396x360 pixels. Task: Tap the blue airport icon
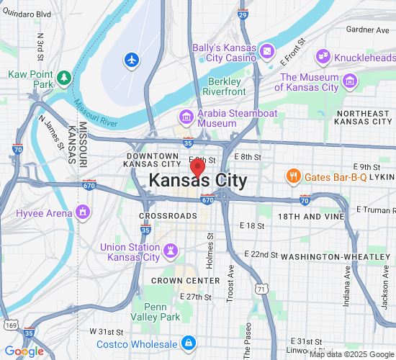coord(132,60)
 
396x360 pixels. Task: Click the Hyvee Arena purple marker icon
coord(84,212)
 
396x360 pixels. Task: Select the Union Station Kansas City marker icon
coord(171,251)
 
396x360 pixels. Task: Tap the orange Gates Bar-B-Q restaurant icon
coord(293,176)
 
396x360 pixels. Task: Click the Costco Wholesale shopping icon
coord(188,342)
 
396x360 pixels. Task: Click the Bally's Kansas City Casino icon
coord(267,51)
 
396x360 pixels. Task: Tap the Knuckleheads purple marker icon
coord(323,55)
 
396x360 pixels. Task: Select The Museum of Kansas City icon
coord(351,80)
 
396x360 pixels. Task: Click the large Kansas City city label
coord(197,181)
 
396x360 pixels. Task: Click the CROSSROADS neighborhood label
coord(168,216)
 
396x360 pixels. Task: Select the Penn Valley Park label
coord(156,311)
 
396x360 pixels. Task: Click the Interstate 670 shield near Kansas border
coord(89,184)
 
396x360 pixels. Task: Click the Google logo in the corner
coord(24,351)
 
